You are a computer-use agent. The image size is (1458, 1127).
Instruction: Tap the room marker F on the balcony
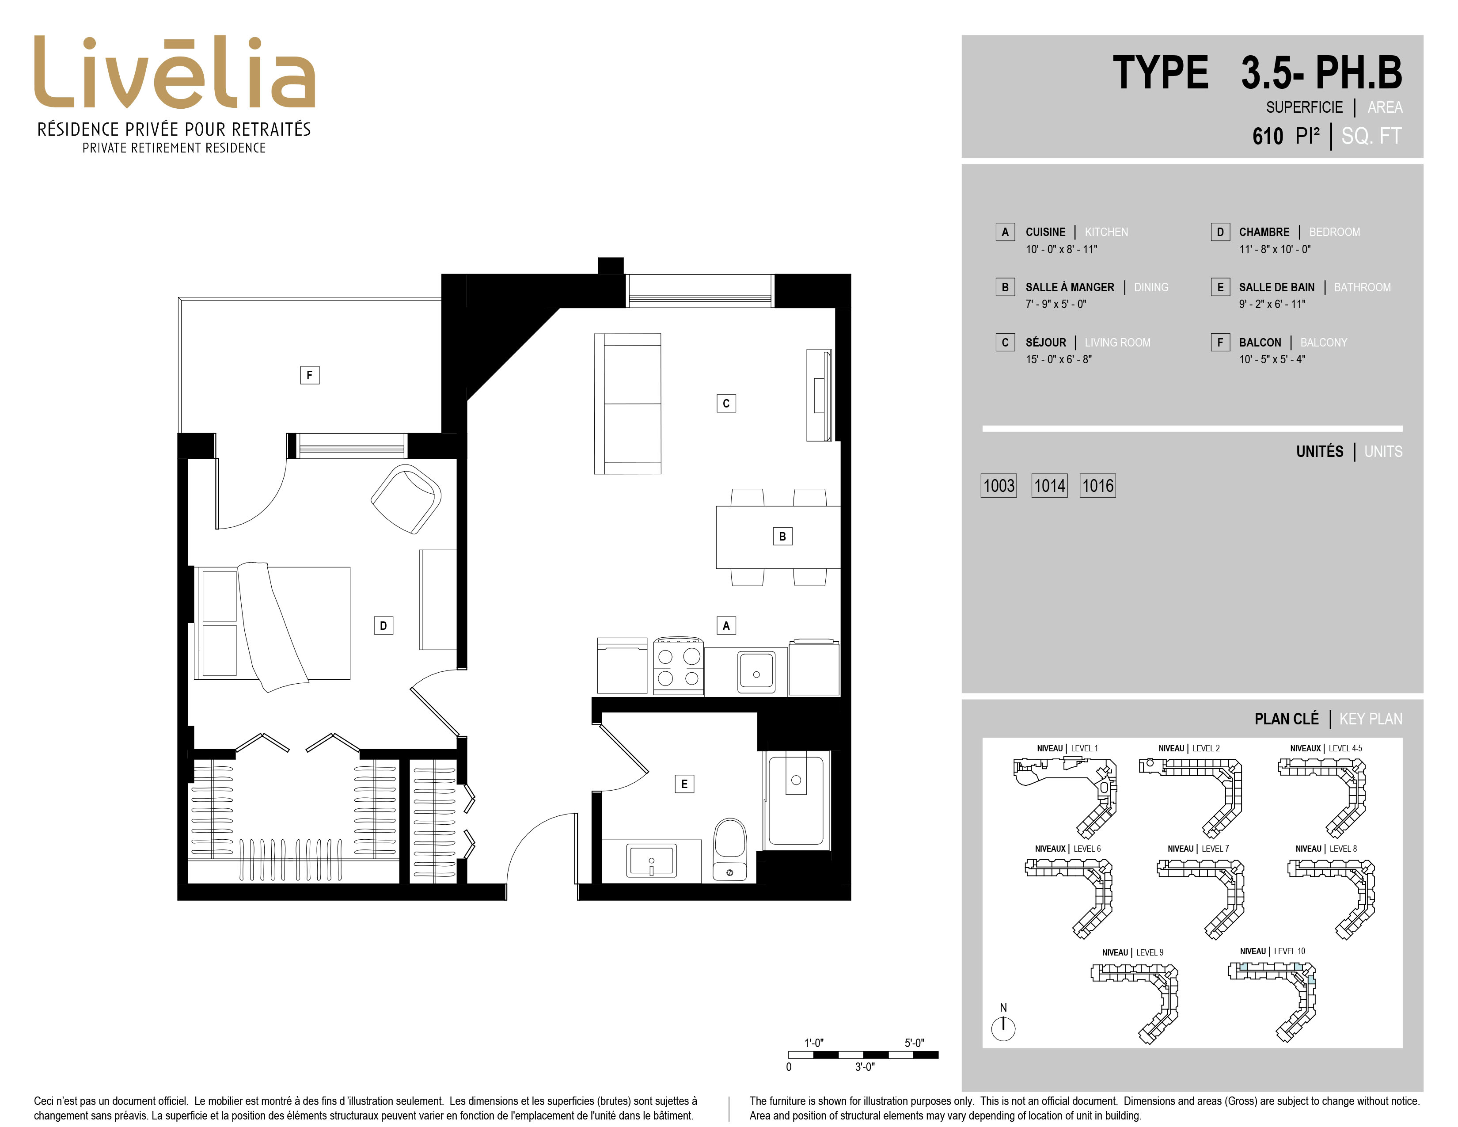pyautogui.click(x=309, y=375)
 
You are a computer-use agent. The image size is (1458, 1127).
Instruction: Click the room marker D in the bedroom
pyautogui.click(x=383, y=625)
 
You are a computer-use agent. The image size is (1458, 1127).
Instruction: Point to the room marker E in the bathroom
pyautogui.click(x=684, y=784)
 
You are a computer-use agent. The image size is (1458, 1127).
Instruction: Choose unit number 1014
pyautogui.click(x=1049, y=485)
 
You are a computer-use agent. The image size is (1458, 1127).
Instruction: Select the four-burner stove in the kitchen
pyautogui.click(x=678, y=666)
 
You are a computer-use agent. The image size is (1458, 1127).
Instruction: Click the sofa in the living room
pyautogui.click(x=627, y=404)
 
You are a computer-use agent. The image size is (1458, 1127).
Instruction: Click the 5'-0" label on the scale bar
pyautogui.click(x=915, y=1043)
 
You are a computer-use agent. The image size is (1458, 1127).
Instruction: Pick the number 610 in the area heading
pyautogui.click(x=1268, y=136)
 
